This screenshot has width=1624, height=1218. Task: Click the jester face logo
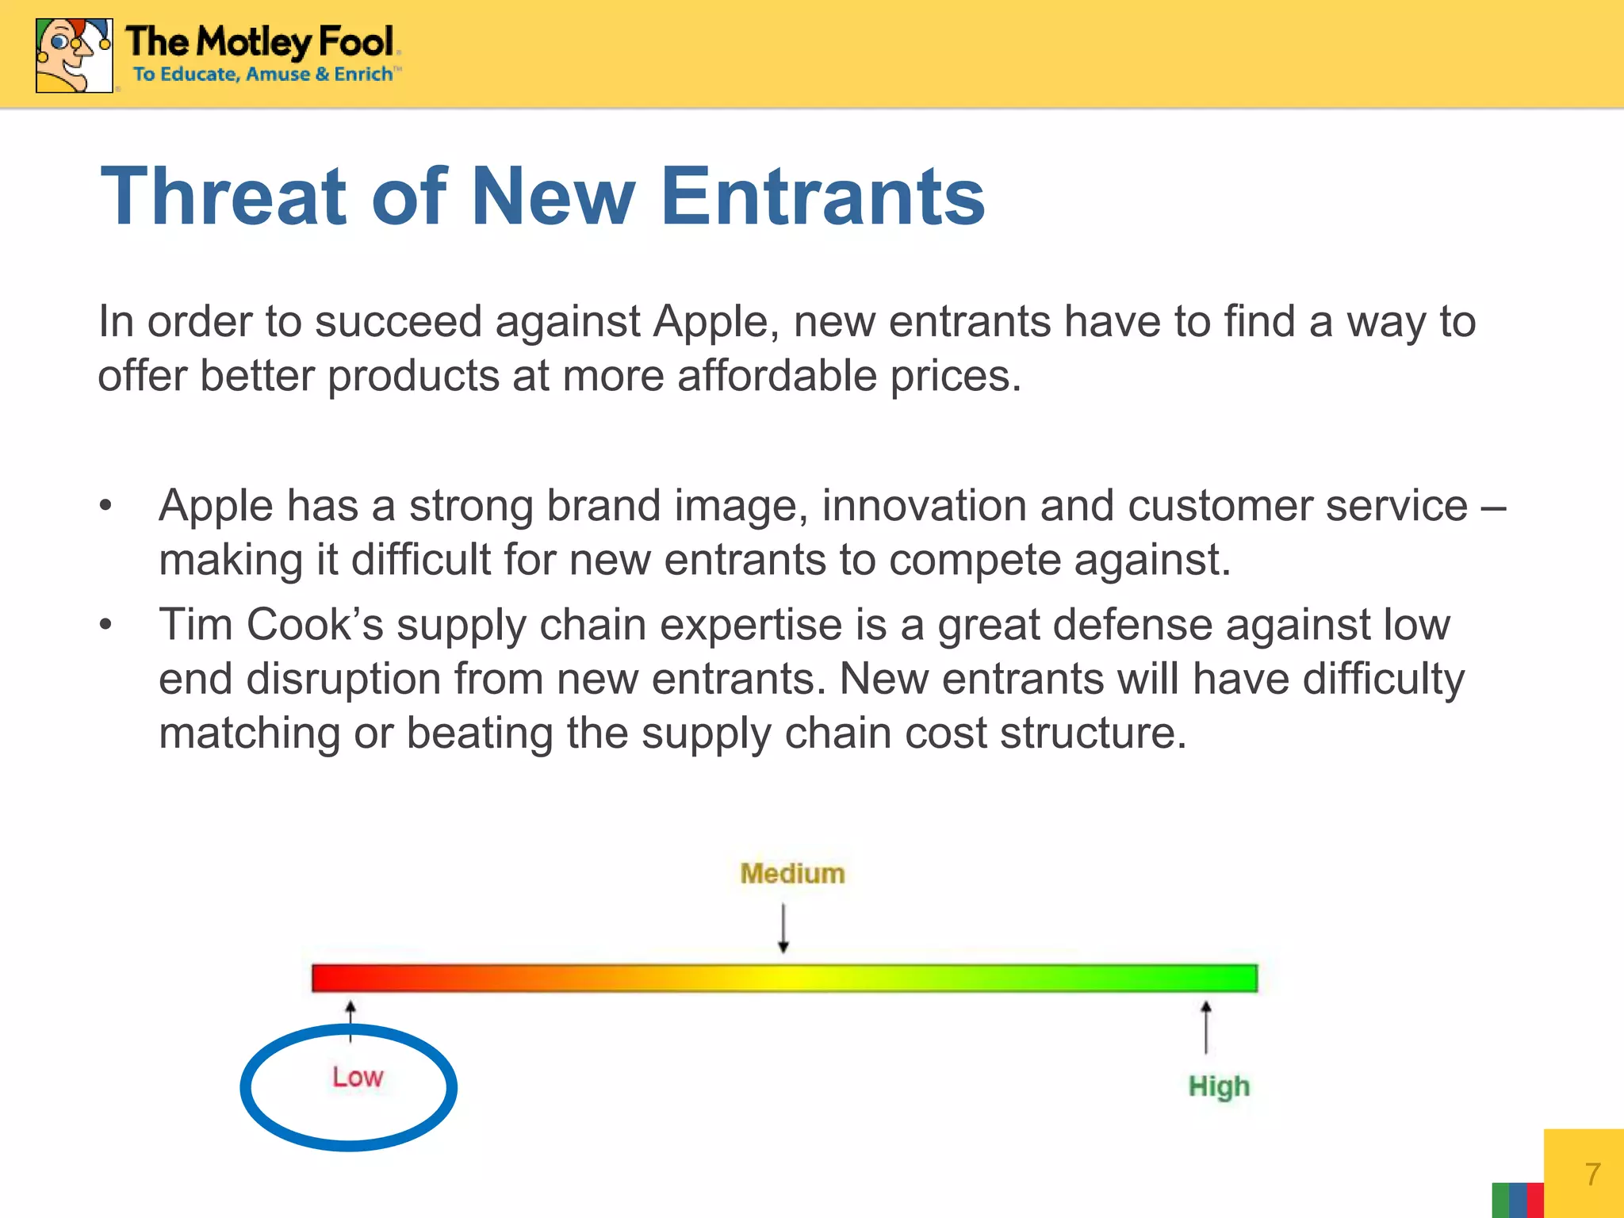tap(74, 56)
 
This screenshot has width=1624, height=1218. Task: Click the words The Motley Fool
tap(260, 42)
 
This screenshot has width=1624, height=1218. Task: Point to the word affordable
tap(777, 376)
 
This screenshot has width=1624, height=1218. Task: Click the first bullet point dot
tap(106, 506)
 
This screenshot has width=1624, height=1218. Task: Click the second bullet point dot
tap(106, 625)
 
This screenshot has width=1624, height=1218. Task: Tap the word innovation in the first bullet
tap(924, 506)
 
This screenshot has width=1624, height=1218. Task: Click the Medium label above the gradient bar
tap(792, 874)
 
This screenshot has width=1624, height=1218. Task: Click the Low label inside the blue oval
tap(358, 1078)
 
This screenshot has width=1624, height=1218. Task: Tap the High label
tap(1219, 1086)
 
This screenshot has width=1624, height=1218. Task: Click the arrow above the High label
tap(1206, 1027)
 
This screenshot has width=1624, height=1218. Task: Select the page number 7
tap(1592, 1174)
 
